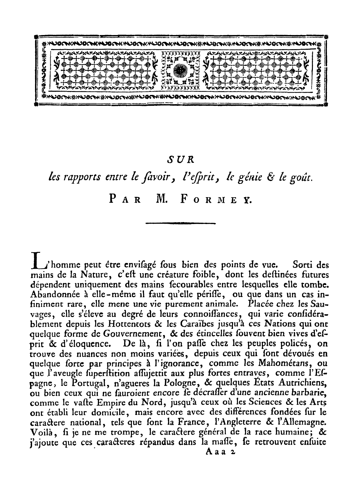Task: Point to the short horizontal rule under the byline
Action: [180, 224]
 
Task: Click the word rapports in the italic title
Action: [76, 178]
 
